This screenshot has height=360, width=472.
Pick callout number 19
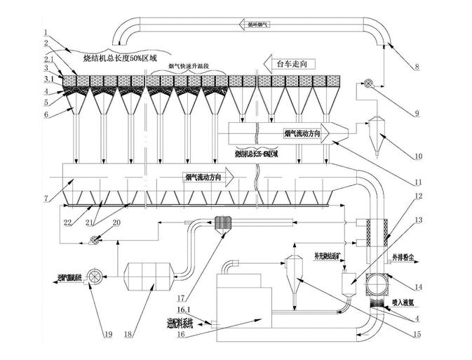coord(107,334)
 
